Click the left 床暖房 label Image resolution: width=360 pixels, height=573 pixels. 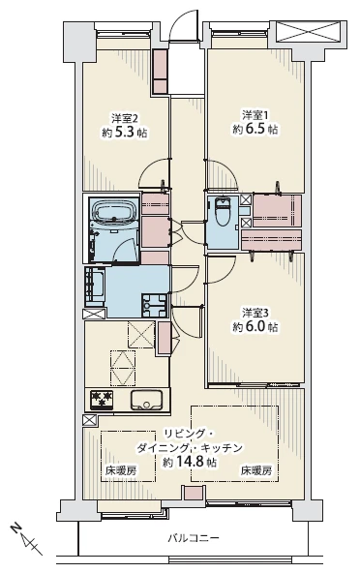point(121,471)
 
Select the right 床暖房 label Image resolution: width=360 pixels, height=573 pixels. point(255,471)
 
